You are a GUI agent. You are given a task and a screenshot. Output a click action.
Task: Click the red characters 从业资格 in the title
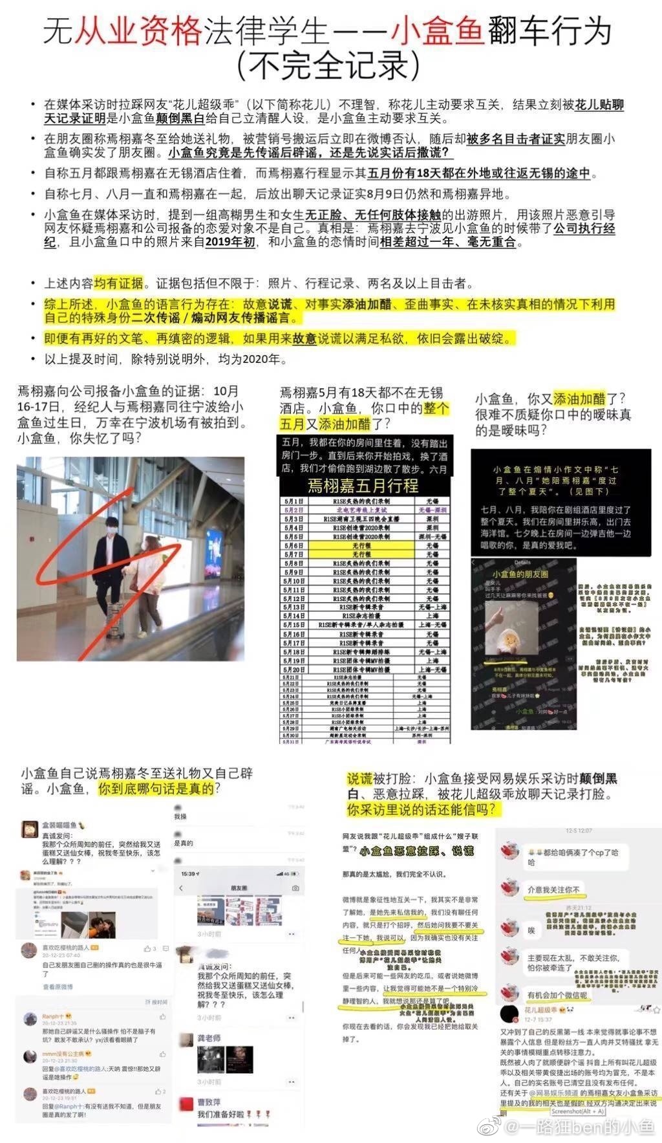pos(138,32)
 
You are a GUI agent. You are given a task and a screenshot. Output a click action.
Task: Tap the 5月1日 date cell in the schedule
pos(294,501)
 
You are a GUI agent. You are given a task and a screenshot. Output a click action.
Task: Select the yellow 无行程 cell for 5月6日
pos(361,546)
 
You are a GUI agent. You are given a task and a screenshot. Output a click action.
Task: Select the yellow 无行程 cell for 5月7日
pos(361,555)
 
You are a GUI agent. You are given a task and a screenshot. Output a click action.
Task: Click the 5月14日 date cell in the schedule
pos(294,616)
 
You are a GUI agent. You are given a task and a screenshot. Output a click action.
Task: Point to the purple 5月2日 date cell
pos(294,510)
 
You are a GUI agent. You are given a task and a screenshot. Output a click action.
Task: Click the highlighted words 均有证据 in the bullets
pos(118,283)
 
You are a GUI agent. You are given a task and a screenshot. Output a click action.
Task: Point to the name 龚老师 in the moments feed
pos(209,1038)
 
